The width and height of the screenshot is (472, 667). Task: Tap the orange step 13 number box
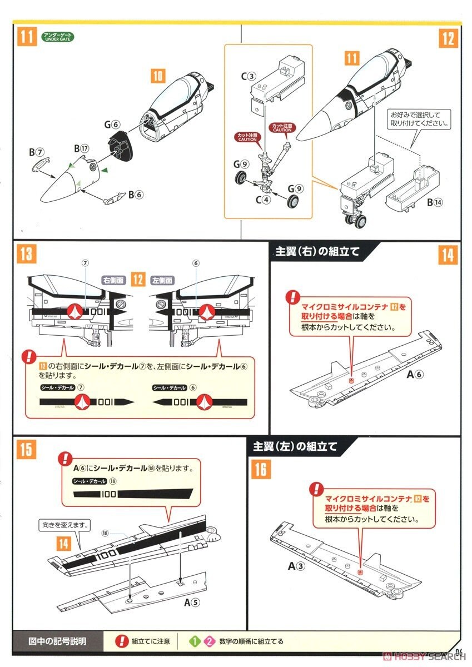point(26,255)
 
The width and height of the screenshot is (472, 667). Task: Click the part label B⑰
point(82,148)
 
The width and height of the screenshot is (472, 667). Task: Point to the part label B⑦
point(36,152)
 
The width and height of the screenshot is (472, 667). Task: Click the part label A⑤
point(191,601)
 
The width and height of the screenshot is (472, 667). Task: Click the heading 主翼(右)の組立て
point(317,251)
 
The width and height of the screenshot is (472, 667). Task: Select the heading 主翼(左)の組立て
point(295,446)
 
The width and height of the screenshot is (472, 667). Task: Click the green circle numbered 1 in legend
point(195,641)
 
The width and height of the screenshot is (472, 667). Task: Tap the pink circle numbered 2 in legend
point(209,641)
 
